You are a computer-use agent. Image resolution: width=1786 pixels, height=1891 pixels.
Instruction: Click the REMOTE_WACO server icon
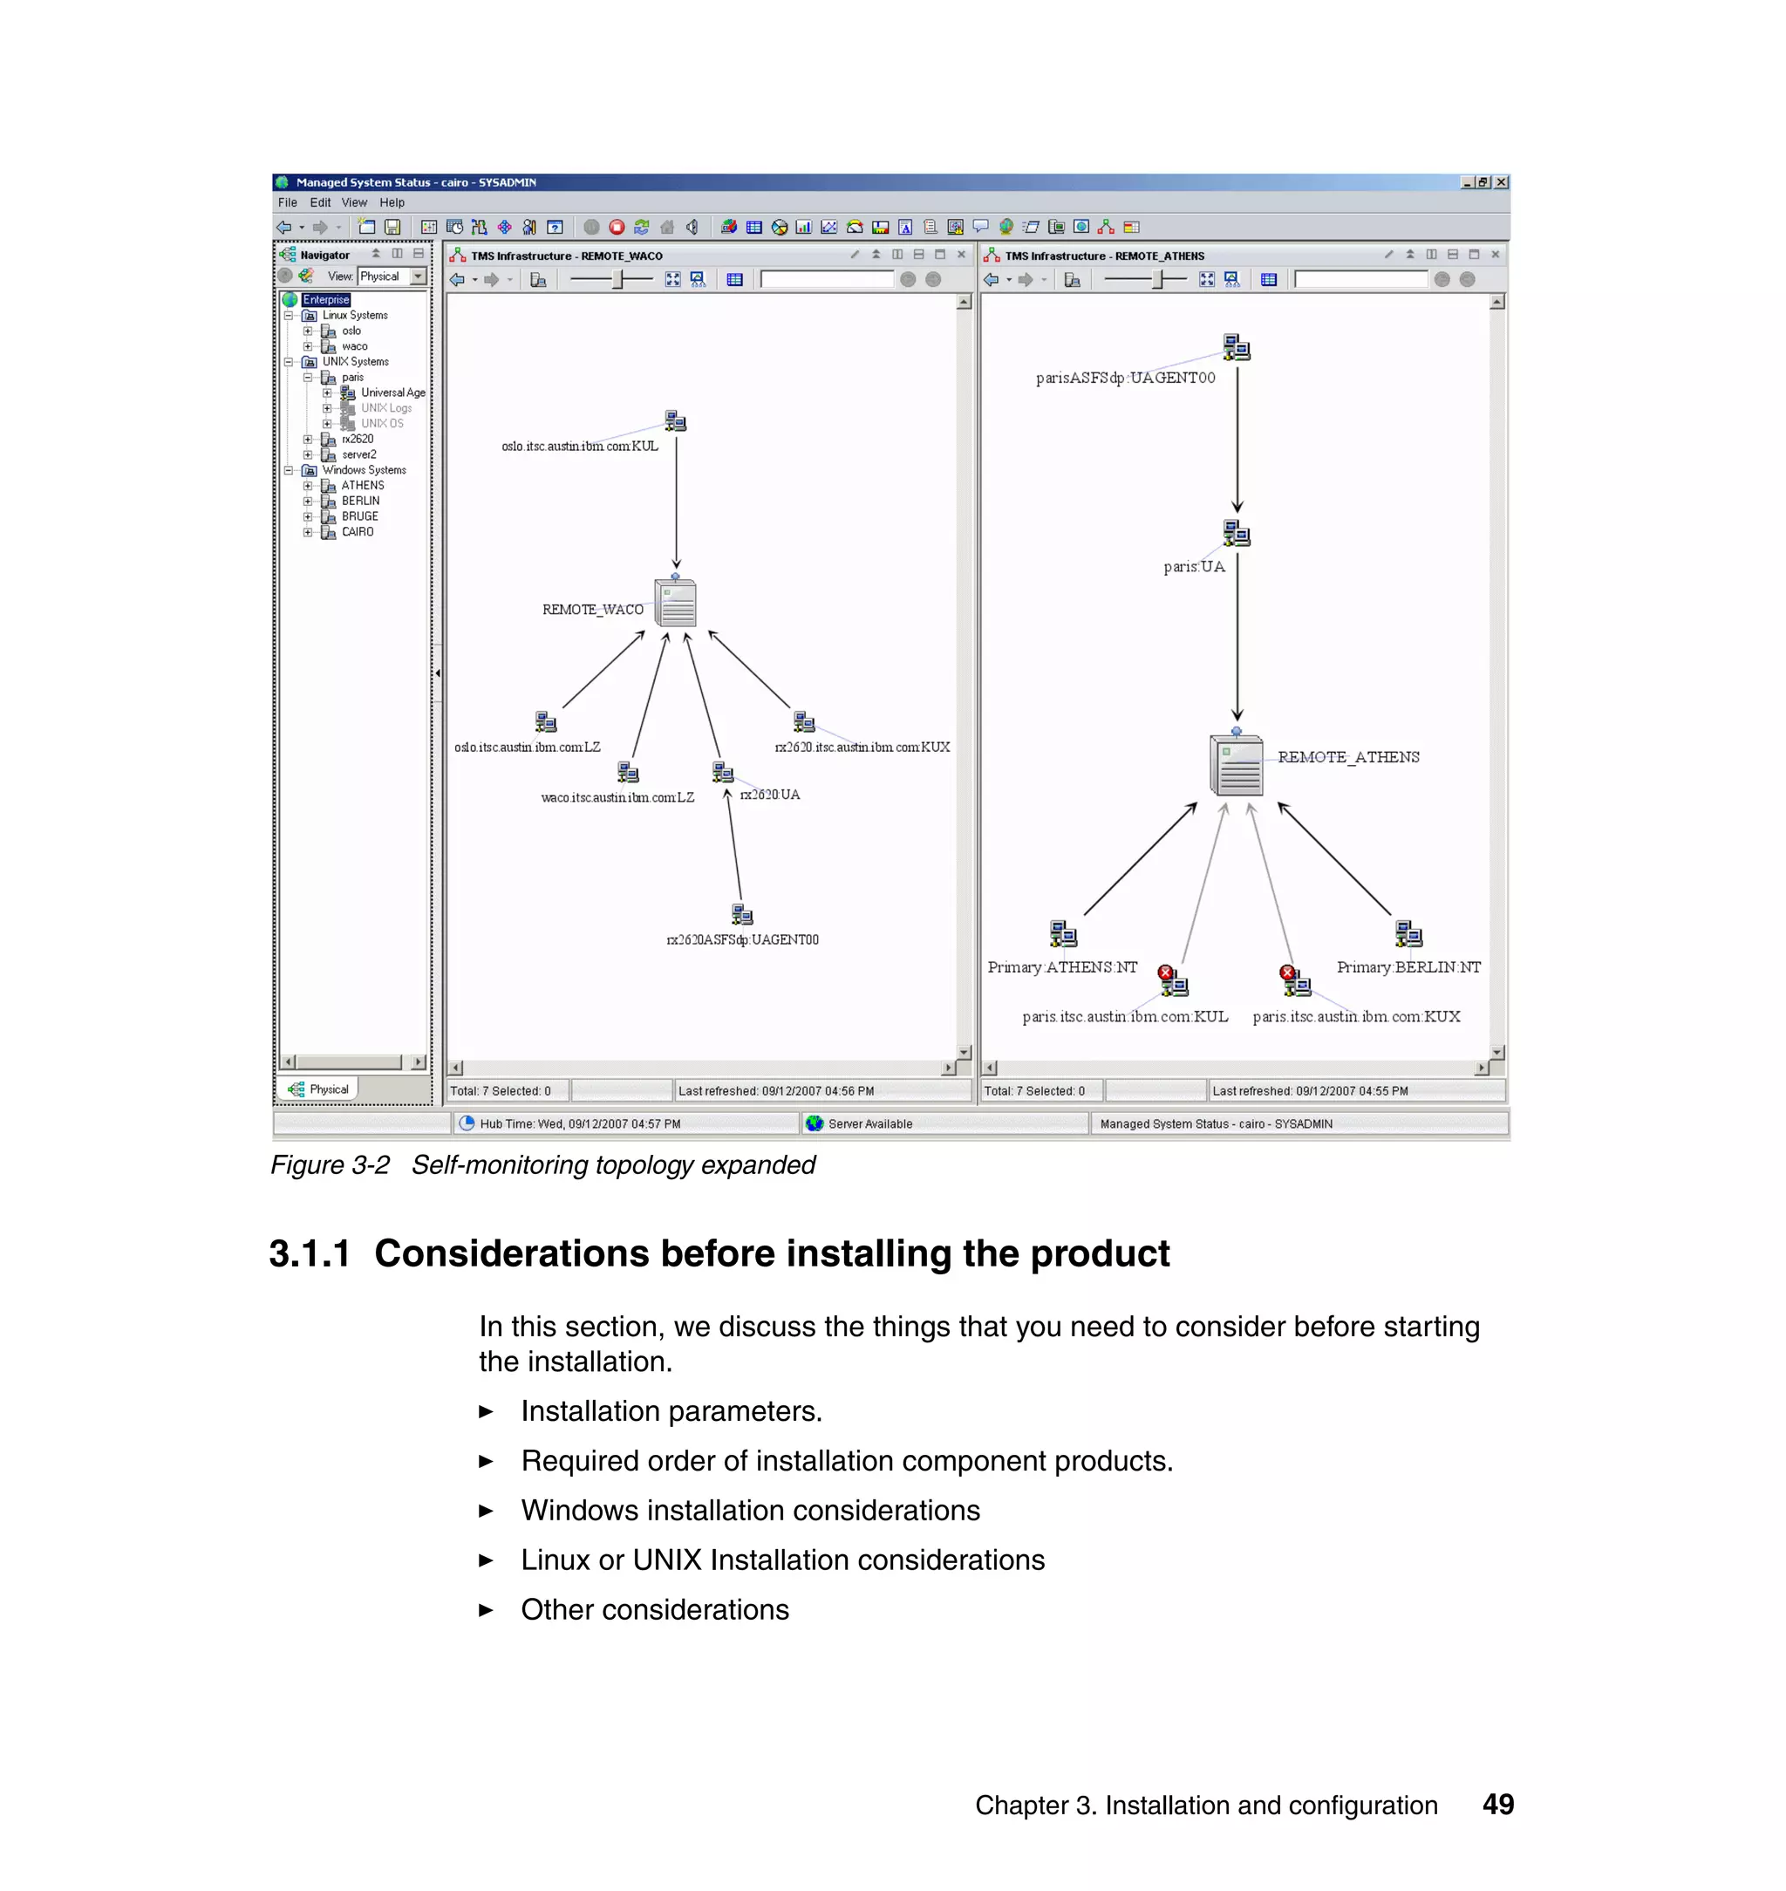[676, 603]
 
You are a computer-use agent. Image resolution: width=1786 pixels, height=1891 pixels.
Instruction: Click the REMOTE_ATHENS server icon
[1236, 766]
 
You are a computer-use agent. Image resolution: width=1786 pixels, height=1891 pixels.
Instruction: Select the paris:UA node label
[1194, 567]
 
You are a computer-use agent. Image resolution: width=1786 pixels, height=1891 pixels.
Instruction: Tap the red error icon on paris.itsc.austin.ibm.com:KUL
[1165, 973]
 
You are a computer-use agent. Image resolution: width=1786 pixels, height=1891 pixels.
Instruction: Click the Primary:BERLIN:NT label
[1408, 967]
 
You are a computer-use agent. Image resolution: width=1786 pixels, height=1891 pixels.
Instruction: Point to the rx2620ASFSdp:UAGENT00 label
[743, 939]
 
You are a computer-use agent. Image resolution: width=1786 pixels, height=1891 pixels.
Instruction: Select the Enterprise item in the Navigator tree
[326, 300]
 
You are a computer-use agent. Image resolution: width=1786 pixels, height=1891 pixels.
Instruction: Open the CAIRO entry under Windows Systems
[357, 532]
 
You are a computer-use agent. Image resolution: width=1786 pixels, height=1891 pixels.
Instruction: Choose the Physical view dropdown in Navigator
[392, 276]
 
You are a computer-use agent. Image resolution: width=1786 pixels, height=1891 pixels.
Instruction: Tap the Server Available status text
[869, 1123]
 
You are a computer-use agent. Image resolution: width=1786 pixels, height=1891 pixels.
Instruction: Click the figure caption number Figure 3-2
[330, 1165]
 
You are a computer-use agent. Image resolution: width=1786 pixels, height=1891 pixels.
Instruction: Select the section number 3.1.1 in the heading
[310, 1254]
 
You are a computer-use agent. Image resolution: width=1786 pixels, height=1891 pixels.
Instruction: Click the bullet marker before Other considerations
[487, 1610]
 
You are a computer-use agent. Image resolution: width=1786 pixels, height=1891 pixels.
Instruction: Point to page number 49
[1497, 1805]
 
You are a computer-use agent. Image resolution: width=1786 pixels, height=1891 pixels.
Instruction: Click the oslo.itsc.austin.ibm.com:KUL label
[580, 447]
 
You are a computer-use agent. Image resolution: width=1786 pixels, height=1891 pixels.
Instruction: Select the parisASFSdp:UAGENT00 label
[1125, 378]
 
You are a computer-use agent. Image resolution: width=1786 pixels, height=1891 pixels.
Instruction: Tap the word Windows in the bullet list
[580, 1511]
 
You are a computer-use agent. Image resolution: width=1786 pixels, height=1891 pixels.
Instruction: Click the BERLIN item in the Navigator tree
[360, 501]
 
